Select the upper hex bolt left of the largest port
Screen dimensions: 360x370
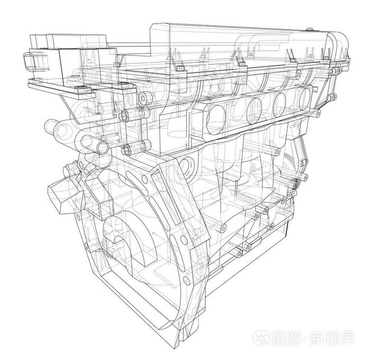click(142, 97)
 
